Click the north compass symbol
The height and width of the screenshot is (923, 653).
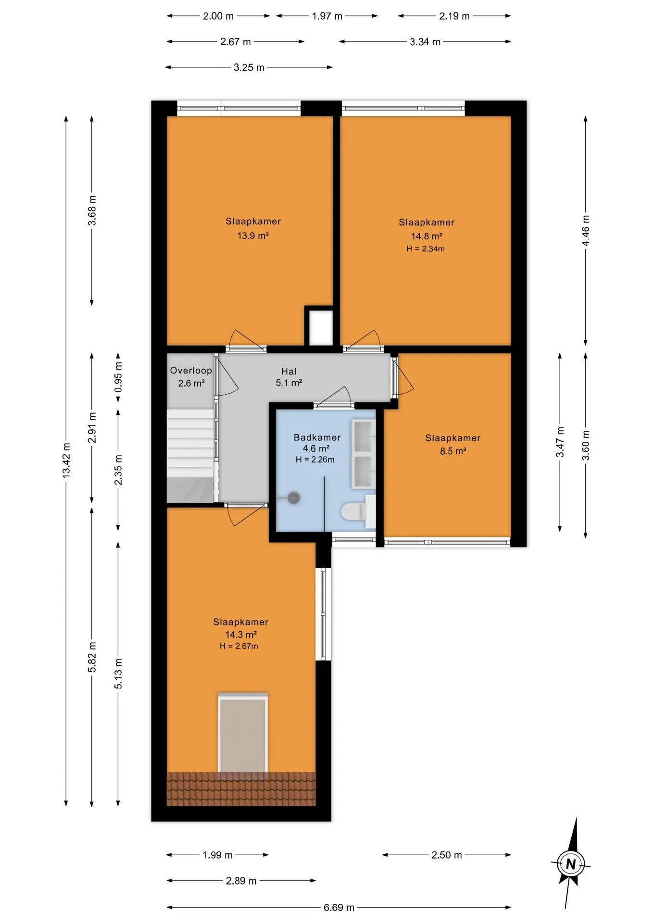pos(571,864)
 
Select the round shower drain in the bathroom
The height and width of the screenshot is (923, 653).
pos(294,498)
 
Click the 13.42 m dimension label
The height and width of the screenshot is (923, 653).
pos(66,461)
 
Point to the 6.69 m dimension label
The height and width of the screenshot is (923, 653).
pos(339,907)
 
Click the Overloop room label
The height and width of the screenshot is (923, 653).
pos(191,370)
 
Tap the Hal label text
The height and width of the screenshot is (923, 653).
pos(289,371)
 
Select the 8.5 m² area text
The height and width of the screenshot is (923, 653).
pos(453,451)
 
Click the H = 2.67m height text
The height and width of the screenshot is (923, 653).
pos(239,646)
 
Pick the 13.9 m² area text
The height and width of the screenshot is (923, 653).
pos(253,236)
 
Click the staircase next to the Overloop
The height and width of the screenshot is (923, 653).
pos(190,456)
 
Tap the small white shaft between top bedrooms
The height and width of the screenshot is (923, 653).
pos(321,328)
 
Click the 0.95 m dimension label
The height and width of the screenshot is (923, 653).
pos(118,376)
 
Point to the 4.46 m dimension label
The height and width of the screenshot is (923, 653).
pos(586,230)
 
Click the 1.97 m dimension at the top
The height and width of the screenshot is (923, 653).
pos(327,16)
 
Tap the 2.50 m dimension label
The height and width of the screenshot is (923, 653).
pos(446,855)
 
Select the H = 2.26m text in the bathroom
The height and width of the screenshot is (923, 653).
pos(315,459)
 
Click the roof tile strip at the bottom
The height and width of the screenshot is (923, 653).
pos(241,789)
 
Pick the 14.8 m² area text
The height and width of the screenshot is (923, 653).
pos(427,236)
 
